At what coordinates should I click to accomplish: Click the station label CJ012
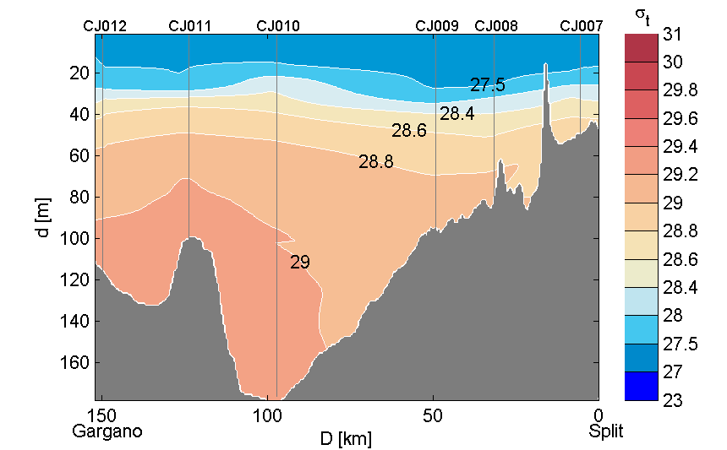click(105, 26)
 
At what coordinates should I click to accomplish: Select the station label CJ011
click(190, 26)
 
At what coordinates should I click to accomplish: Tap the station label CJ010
click(277, 26)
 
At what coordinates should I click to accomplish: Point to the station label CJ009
click(437, 26)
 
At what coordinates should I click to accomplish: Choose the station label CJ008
click(496, 26)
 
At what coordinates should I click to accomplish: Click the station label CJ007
click(582, 26)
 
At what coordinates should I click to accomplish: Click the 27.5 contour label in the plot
click(488, 85)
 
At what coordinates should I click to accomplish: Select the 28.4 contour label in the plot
click(456, 113)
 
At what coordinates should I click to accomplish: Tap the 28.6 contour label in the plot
click(408, 131)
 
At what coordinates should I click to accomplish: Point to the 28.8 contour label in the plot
click(375, 162)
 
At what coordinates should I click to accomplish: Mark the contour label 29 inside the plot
click(300, 263)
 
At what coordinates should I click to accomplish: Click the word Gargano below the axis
click(107, 431)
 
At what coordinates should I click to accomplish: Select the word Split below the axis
click(606, 431)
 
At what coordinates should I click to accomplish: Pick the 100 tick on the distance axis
click(268, 415)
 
